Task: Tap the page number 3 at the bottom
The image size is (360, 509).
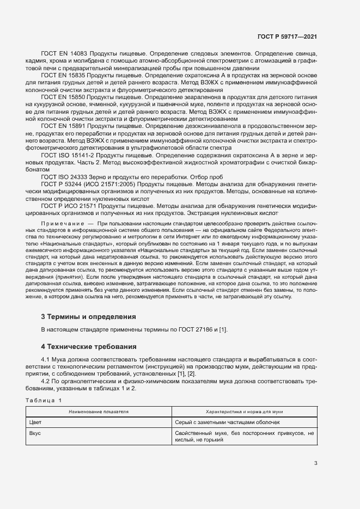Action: coord(315,463)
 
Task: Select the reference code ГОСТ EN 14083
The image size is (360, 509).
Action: coord(64,55)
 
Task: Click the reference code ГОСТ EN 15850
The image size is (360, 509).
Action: coord(64,96)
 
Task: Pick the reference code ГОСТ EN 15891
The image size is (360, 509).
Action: coord(64,125)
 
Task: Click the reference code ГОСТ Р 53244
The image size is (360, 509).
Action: coord(62,185)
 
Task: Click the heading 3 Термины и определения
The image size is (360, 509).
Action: coord(88,316)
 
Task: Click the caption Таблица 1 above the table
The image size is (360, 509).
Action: coord(44,401)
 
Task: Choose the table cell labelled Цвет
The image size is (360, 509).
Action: coord(35,422)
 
